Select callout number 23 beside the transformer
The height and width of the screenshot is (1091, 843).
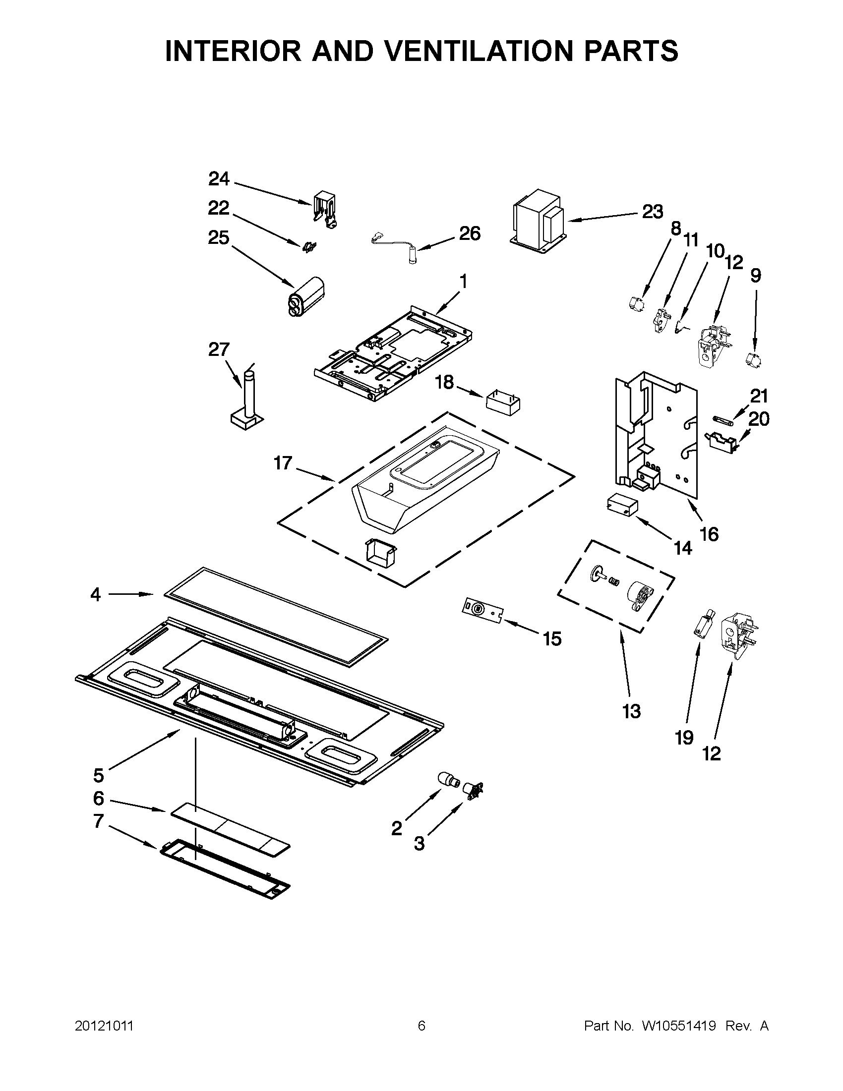click(x=652, y=212)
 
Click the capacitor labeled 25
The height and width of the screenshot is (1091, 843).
click(x=305, y=296)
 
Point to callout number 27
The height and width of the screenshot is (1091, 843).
click(x=218, y=349)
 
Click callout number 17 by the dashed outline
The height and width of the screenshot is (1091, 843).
click(x=282, y=463)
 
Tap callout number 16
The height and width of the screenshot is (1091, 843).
click(x=709, y=534)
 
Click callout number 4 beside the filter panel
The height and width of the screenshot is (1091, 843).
click(x=95, y=594)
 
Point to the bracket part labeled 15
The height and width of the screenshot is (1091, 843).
click(x=482, y=611)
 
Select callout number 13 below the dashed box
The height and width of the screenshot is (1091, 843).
click(x=631, y=711)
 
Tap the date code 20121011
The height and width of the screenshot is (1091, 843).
click(x=105, y=1026)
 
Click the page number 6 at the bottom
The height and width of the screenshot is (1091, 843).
click(x=421, y=1026)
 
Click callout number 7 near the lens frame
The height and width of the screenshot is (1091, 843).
click(x=99, y=821)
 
